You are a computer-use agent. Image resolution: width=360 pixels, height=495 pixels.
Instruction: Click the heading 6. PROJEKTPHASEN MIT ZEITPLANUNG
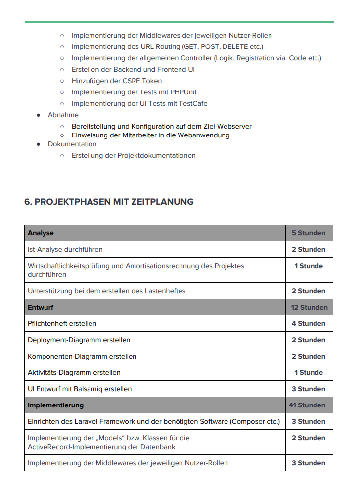pos(109,202)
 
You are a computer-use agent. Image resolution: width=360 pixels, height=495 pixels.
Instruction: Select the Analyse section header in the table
pos(41,233)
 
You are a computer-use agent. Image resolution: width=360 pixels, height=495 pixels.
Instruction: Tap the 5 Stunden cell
pos(309,233)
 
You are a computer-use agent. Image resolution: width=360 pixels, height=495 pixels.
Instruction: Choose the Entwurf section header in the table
pos(41,307)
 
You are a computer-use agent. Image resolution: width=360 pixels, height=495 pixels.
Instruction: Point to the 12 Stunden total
pos(309,307)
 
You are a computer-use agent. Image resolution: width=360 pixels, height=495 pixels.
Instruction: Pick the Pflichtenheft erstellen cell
pos(62,323)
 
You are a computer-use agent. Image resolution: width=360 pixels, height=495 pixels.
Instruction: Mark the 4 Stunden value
pos(309,323)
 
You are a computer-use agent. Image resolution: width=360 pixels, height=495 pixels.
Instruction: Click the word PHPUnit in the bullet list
pos(183,92)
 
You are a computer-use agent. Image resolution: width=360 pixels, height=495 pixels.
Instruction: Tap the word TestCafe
pos(191,103)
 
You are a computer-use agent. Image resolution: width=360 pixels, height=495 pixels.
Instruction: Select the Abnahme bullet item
pos(63,115)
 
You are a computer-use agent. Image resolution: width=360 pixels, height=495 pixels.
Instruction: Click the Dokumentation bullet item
pos(72,144)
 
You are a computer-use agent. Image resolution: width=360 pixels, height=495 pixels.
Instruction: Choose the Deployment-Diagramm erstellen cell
pos(79,340)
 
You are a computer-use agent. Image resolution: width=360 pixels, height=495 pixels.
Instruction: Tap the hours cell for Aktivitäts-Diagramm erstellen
pos(309,372)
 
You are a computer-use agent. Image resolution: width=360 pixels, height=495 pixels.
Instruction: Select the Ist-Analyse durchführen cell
pos(65,249)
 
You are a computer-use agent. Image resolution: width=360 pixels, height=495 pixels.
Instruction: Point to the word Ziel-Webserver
pos(227,126)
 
